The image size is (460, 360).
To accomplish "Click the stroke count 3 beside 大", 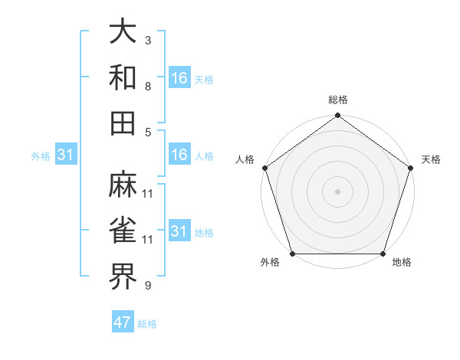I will click(147, 40).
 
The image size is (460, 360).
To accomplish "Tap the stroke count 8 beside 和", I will click(147, 86).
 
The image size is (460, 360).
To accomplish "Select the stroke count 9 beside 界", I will click(147, 286).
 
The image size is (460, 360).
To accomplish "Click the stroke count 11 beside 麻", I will click(148, 193).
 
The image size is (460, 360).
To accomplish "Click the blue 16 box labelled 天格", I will click(179, 77).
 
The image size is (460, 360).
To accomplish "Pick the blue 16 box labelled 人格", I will click(179, 155).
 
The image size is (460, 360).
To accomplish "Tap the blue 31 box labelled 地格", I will click(179, 231).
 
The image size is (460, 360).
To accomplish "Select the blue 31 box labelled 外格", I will click(65, 155).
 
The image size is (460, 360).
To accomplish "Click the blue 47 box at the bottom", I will click(123, 322).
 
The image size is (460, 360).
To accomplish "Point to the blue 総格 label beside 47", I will click(147, 324).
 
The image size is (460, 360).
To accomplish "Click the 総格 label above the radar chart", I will click(337, 100).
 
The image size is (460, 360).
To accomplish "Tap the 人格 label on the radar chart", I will click(246, 159).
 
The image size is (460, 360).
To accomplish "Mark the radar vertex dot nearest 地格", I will click(383, 254).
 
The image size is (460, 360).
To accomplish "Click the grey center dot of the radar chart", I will click(337, 191).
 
